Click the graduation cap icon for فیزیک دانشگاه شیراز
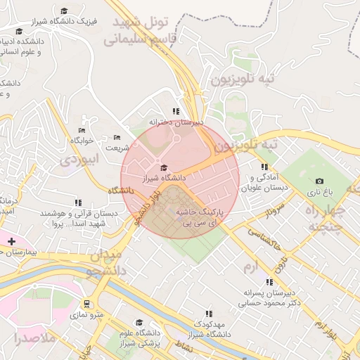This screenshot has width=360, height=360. coord(65,11)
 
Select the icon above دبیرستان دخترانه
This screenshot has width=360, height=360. coord(176,111)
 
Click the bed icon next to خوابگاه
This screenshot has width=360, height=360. coord(82,130)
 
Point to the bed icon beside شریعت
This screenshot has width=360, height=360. coord(117,137)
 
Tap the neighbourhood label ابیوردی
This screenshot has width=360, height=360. coord(81,159)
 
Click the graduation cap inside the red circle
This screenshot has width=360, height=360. coord(165,167)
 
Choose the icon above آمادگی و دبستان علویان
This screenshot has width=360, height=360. coord(264,167)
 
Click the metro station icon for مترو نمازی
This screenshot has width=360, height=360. coord(86,304)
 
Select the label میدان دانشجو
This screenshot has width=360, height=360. coord(105,262)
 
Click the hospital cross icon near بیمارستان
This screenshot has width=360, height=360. coord(11,241)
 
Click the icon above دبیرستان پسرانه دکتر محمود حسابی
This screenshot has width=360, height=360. coord(269,282)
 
